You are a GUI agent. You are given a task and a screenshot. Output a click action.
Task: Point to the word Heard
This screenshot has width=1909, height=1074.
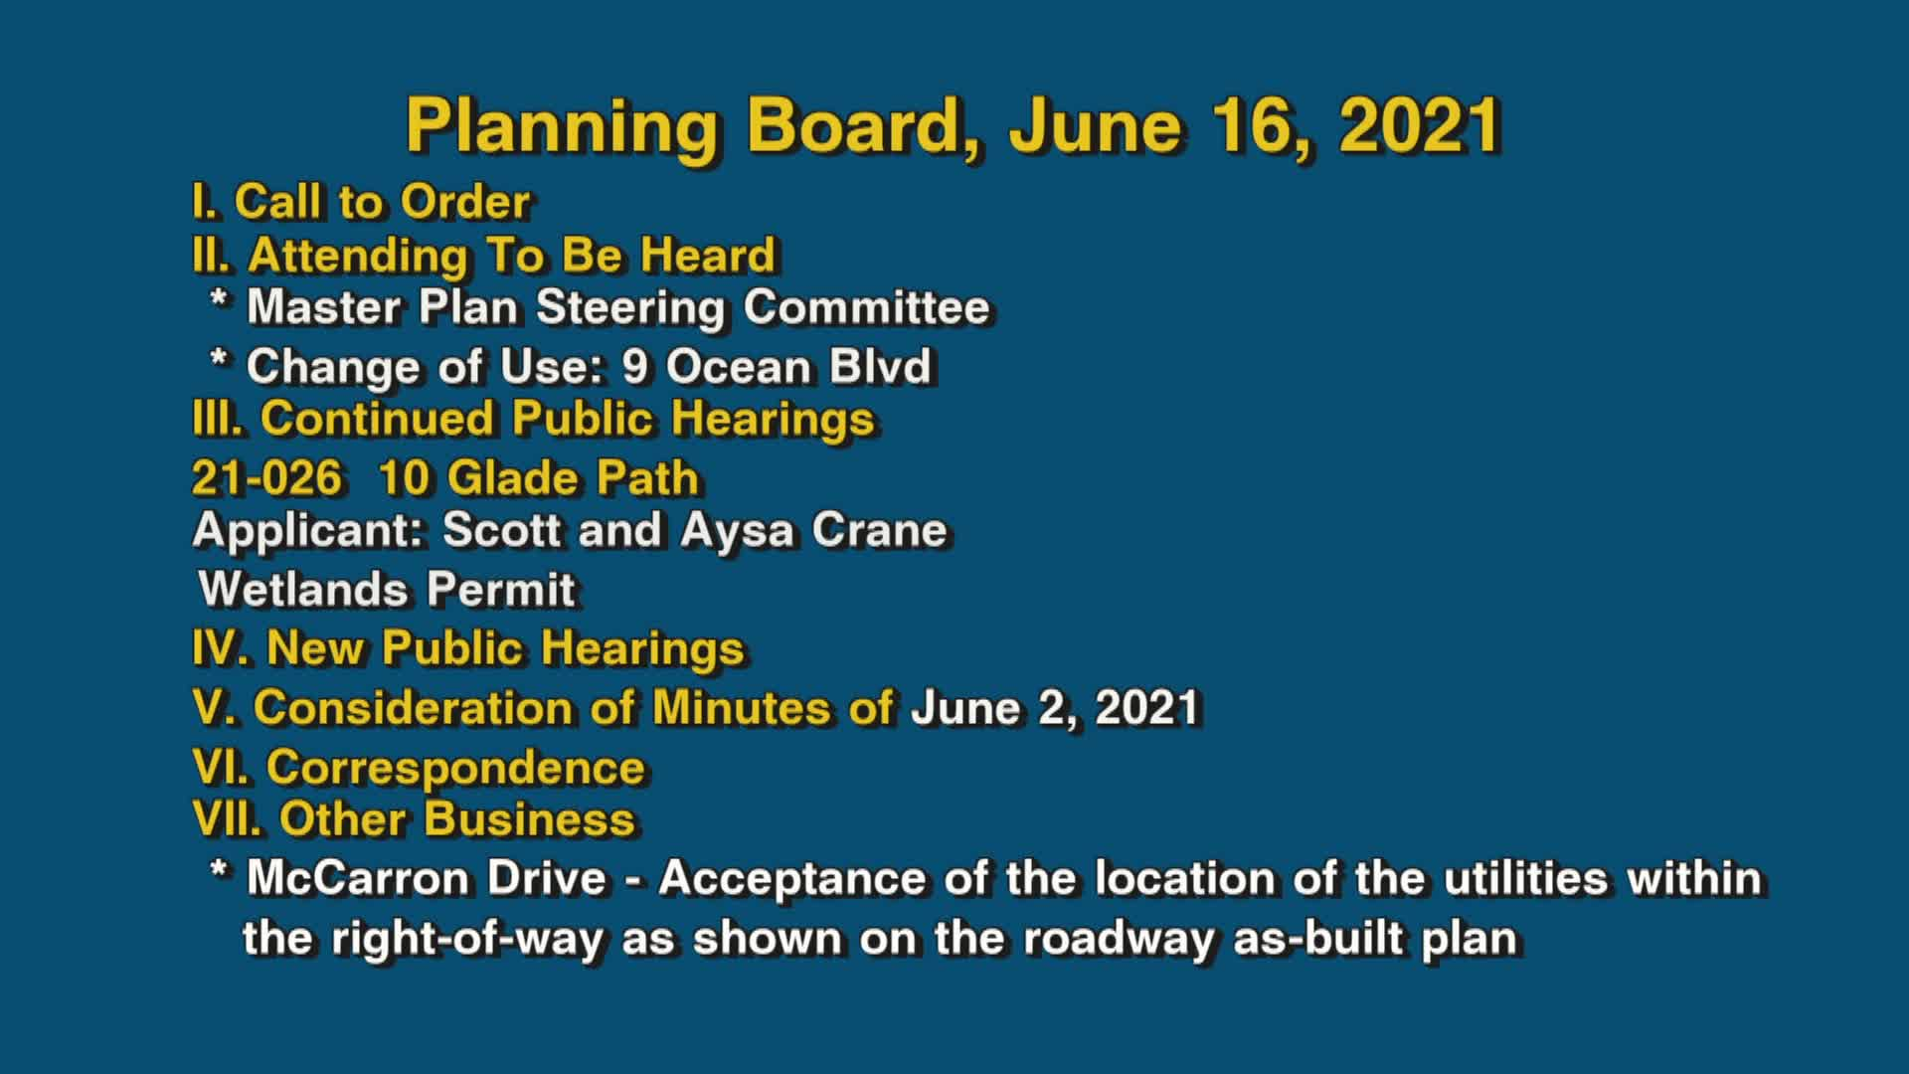click(707, 256)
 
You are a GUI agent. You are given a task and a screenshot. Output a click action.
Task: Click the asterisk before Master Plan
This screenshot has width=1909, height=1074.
click(220, 302)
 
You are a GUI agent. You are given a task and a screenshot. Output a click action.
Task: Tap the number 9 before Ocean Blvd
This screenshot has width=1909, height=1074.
click(635, 367)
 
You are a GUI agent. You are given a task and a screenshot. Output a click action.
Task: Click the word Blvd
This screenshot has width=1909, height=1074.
click(880, 367)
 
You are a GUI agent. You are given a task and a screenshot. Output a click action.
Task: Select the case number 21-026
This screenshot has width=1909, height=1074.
click(266, 478)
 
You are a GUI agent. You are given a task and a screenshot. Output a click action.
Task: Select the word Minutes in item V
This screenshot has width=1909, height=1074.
click(741, 708)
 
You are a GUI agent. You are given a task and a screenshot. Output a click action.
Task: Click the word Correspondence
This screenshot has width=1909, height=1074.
click(455, 768)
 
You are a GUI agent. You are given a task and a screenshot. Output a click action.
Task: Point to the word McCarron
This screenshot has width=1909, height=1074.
click(427, 878)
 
